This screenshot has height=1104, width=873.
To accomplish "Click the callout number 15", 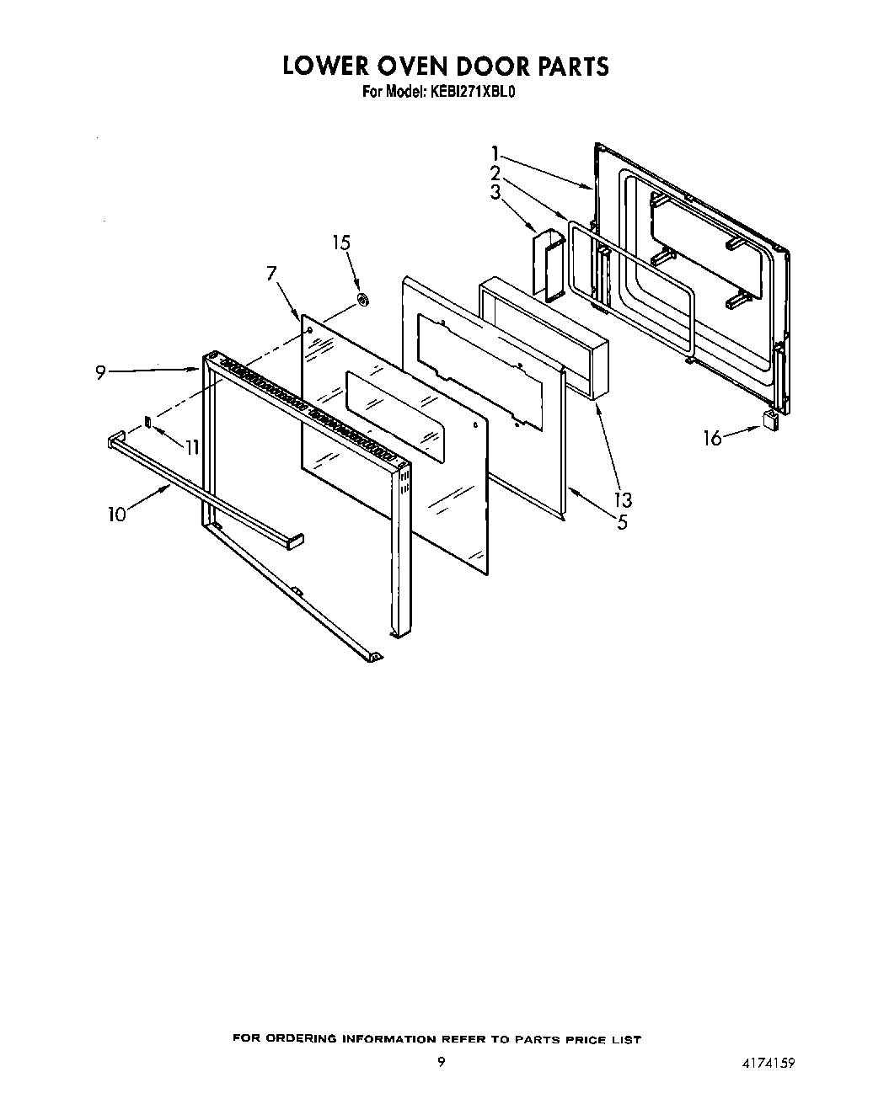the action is pos(341,243).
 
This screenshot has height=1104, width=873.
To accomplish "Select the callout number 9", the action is pos(101,371).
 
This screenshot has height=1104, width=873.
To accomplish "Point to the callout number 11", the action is pos(192,447).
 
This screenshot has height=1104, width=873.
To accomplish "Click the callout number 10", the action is pos(116,513).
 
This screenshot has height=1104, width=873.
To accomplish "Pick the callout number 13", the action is pos(624,500).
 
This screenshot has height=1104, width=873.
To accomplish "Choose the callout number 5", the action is pos(622,522).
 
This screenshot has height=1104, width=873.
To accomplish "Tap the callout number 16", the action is pos(713,438).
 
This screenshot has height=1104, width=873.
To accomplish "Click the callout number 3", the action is pos(495,192).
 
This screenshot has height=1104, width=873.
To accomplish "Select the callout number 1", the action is pos(496,154).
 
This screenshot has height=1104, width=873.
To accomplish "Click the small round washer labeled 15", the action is pos(363,299).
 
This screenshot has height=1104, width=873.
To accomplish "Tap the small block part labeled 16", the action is pos(770,420).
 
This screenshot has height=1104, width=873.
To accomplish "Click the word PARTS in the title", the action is pos(566,67).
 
